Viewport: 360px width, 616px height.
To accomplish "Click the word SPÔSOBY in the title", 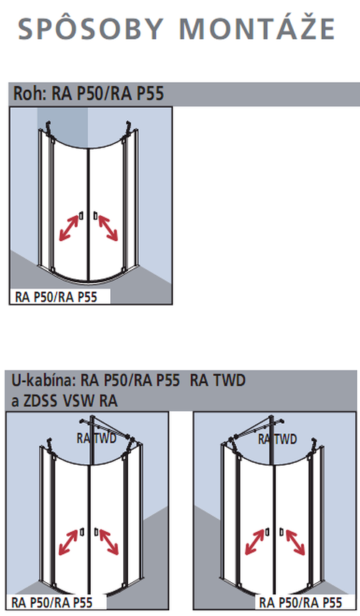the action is click(91, 28).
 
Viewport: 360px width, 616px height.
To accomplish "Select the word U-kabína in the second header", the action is click(43, 380).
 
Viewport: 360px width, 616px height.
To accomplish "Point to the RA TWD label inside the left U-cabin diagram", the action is click(96, 438).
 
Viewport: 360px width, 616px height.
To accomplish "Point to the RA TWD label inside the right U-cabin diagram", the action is click(277, 439).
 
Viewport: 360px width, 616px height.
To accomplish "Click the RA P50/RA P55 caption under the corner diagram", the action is click(56, 296).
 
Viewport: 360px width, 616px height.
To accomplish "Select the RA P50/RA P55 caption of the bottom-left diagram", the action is click(52, 602).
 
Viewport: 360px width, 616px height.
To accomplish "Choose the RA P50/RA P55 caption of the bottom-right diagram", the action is click(301, 602).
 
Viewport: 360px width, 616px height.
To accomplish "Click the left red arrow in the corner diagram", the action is click(69, 228).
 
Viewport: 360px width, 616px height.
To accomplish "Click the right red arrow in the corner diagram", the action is click(108, 228).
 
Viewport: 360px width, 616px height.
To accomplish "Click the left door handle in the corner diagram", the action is click(81, 216).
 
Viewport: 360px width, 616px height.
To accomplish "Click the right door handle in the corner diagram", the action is click(95, 216).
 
